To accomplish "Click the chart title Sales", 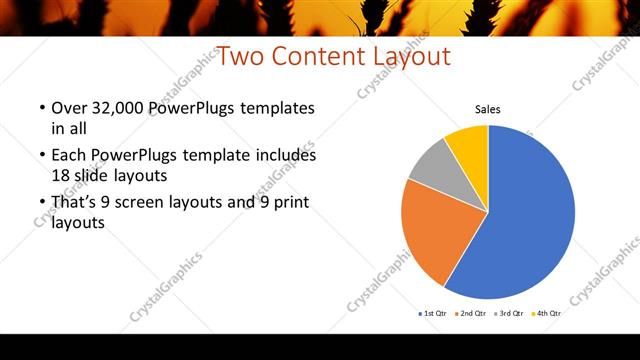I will click(487, 110).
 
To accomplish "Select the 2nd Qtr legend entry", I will click(474, 314).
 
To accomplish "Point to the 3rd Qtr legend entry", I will click(512, 314).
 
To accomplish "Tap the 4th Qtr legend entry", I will click(550, 314).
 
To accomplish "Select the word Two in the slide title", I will click(238, 57).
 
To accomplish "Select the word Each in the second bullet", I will click(68, 156).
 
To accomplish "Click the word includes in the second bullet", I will click(284, 156).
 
